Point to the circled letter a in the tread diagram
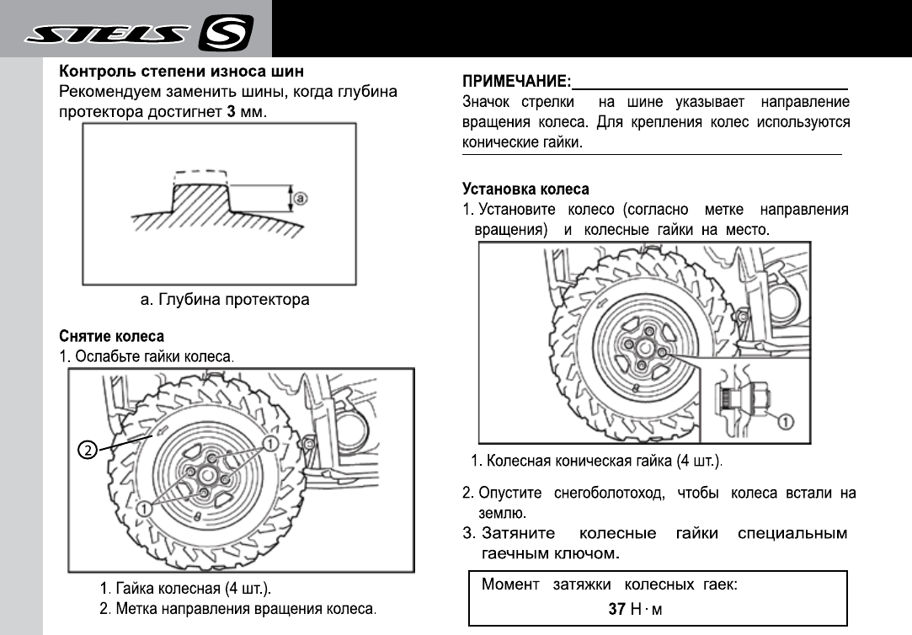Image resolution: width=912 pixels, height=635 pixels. point(301,199)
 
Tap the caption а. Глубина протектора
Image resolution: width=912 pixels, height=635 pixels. point(224,299)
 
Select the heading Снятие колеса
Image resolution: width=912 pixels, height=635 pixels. point(111,337)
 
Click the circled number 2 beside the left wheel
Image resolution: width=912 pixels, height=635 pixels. point(86,450)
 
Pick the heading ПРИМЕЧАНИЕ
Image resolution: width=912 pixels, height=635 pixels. point(516,83)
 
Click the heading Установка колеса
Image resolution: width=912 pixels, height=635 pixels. point(525,189)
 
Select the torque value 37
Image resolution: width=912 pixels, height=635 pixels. point(616,609)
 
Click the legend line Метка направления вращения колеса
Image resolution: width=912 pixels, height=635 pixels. point(245,608)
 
